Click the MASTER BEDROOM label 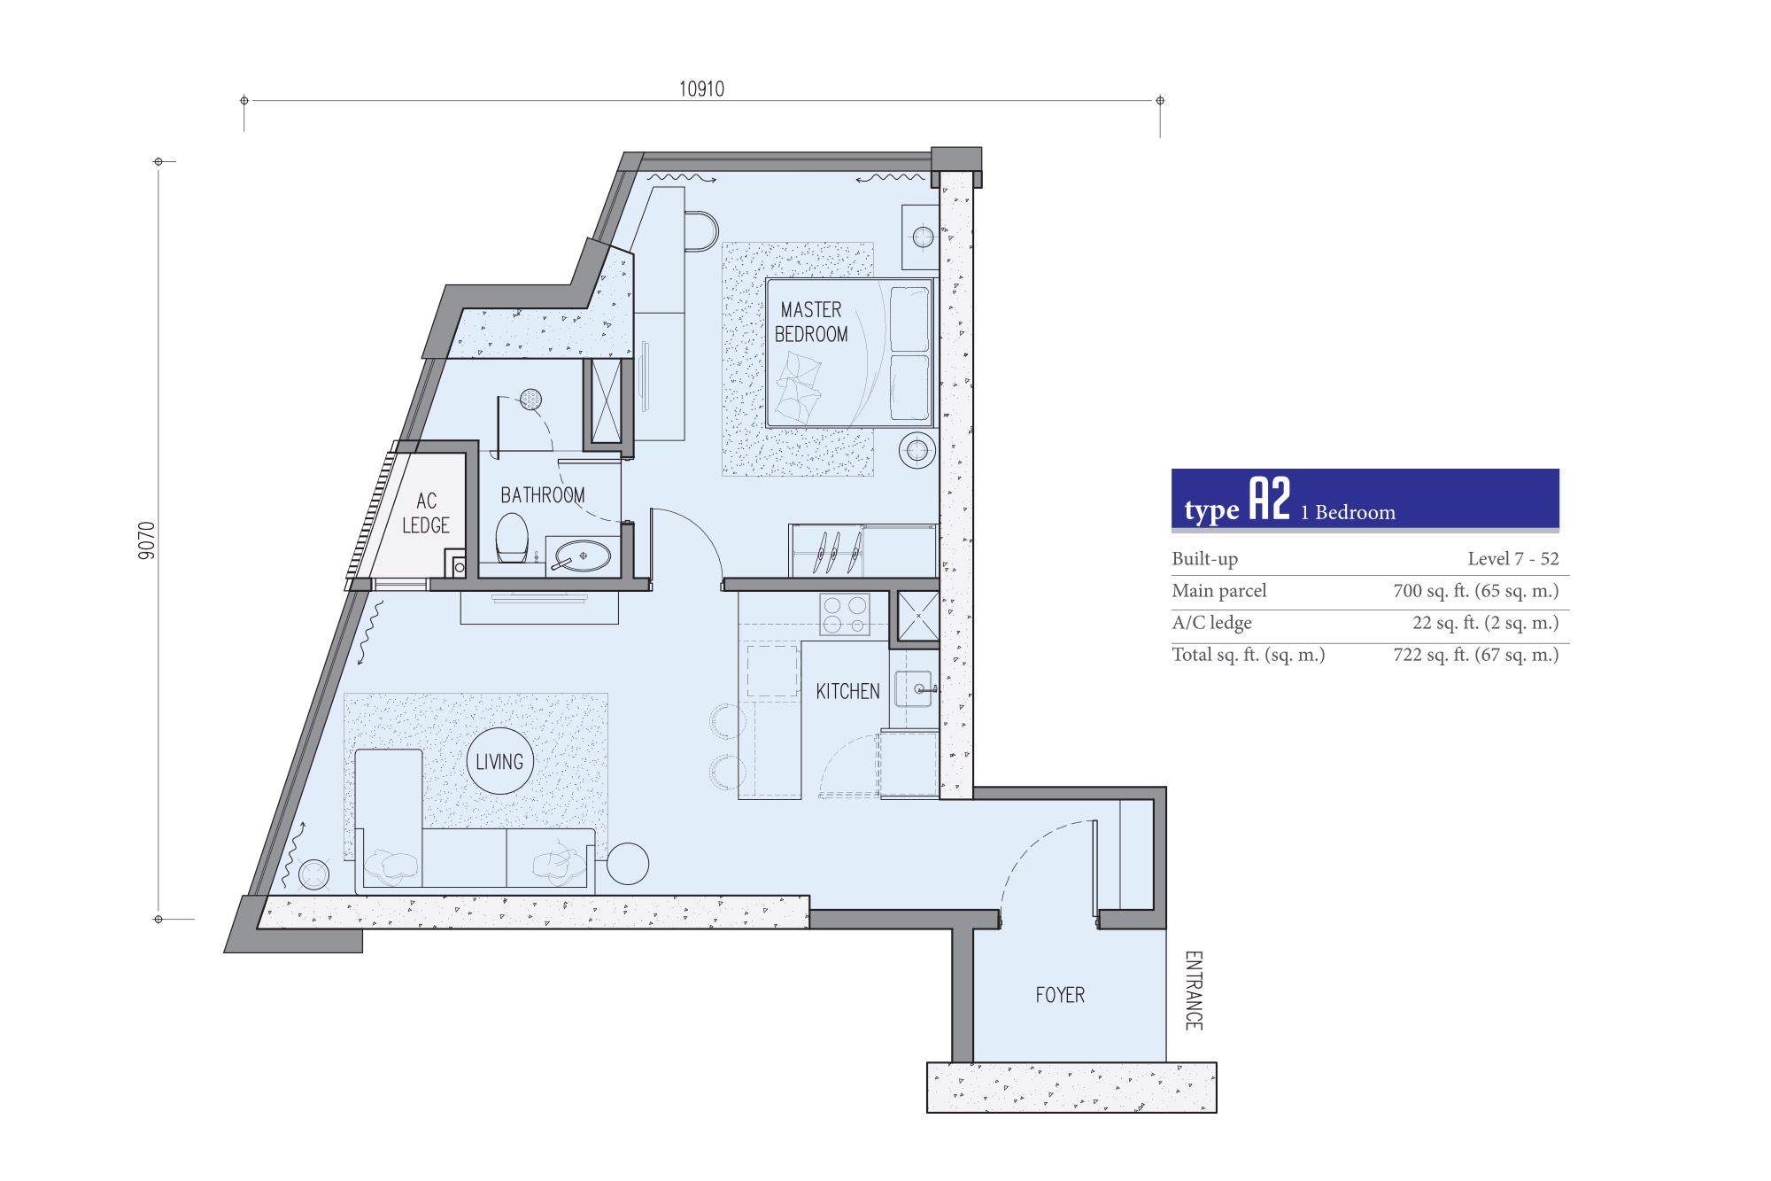coord(811,322)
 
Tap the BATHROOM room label coord(543,495)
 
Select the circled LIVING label coord(499,762)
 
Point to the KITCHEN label coord(847,691)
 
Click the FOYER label coord(1060,995)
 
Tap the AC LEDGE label coord(426,513)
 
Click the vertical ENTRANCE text coord(1194,991)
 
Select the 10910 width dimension coord(701,89)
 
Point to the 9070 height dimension coord(147,540)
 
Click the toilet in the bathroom coord(512,538)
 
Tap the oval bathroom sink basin coord(583,556)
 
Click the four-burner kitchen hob coord(845,615)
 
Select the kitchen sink coord(914,688)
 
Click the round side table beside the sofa coord(628,863)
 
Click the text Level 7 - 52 coord(1512,559)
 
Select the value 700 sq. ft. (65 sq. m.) coord(1476,591)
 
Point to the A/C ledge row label coord(1211,623)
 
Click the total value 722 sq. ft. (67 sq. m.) coord(1476,655)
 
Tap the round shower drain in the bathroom coord(530,400)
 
